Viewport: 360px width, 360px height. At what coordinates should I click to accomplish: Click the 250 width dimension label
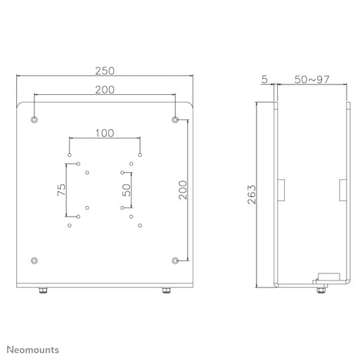click(105, 71)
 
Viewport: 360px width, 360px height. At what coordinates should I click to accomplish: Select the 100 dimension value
click(105, 133)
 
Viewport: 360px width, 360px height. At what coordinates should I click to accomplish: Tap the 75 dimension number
click(62, 190)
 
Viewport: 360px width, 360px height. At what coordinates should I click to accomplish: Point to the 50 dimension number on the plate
click(127, 190)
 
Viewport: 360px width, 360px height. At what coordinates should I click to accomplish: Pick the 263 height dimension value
click(252, 195)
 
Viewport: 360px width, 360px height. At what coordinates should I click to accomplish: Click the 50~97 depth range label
click(312, 79)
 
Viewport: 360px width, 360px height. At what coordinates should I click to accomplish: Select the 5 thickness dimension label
click(264, 79)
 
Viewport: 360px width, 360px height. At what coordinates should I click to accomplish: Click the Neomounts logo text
click(33, 349)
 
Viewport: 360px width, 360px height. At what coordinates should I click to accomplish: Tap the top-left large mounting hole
click(34, 120)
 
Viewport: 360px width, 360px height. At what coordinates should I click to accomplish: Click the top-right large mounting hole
click(175, 120)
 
